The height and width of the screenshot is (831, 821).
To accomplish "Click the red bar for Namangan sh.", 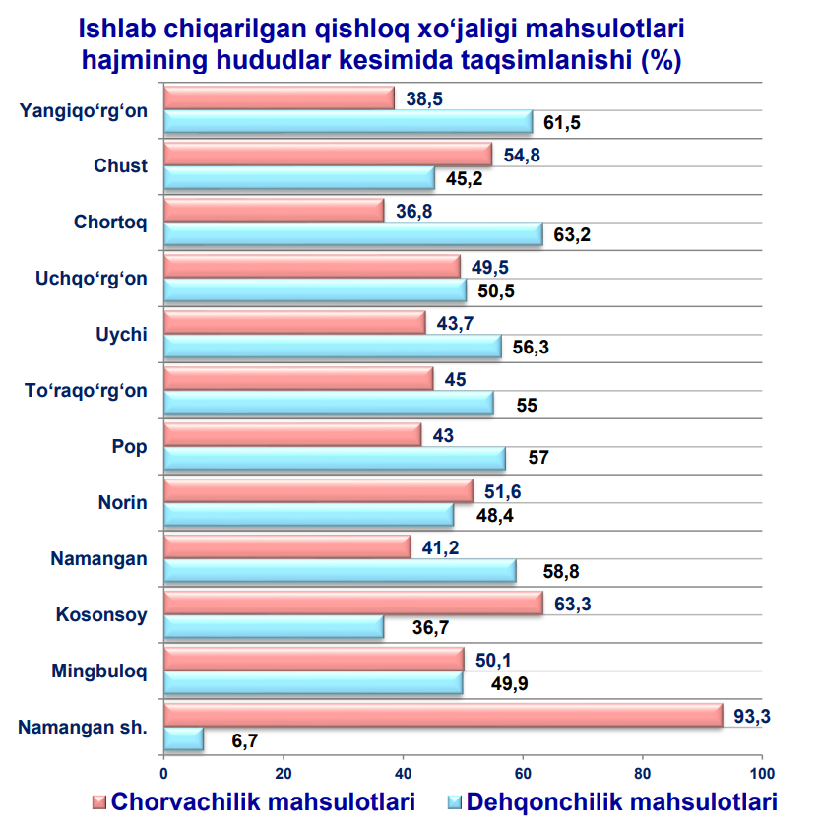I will [x=443, y=716].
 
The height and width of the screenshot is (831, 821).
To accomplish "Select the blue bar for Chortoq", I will [x=352, y=235].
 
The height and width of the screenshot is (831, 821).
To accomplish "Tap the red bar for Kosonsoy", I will [x=352, y=604].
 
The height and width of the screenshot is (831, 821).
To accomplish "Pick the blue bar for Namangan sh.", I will [x=183, y=739].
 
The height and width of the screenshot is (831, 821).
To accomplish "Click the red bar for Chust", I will [x=328, y=155].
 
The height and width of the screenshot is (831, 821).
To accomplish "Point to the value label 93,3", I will [x=752, y=716].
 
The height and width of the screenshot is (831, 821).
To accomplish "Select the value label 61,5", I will [x=563, y=123].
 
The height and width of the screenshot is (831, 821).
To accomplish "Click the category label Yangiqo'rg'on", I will [x=84, y=110].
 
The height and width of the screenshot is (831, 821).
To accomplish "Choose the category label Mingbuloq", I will [x=99, y=672].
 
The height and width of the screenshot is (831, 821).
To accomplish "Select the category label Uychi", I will [x=122, y=335].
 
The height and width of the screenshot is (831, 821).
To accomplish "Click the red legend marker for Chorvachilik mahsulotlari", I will [x=98, y=801].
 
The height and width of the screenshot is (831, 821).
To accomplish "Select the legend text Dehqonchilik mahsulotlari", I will [x=622, y=802].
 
